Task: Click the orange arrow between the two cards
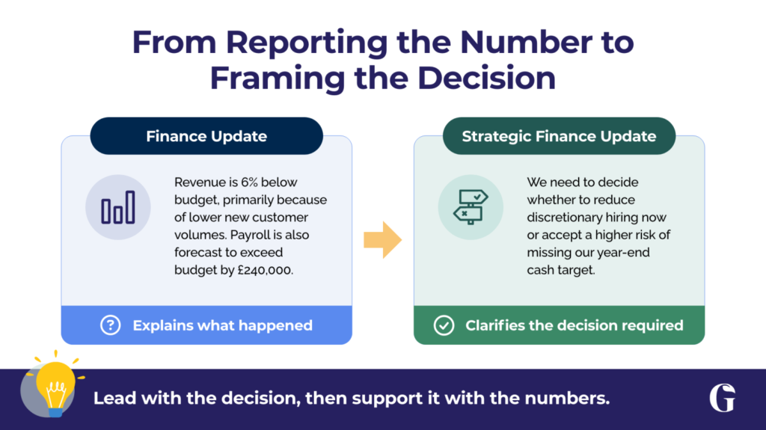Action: coord(382,240)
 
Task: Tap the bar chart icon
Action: coord(118,207)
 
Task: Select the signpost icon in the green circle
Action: coord(471,206)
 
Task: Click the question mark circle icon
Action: coord(111,325)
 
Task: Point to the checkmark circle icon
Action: coord(444,325)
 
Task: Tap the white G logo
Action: coord(723,398)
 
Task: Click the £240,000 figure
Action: coord(266,270)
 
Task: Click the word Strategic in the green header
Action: coord(497,136)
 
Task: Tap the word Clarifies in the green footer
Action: coord(495,325)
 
